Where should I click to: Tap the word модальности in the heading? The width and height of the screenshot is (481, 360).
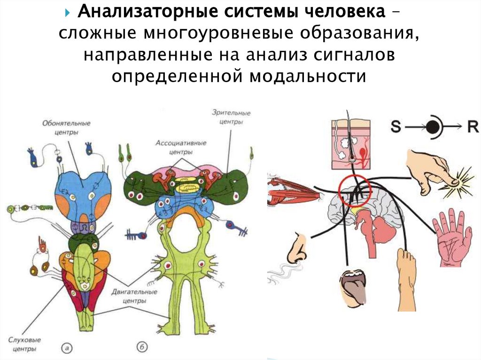coord(304,75)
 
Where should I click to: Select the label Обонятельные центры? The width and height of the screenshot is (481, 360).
coord(66,128)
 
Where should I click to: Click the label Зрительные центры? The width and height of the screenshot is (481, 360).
coord(231,117)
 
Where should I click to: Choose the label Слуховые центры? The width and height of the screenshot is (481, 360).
coord(23,344)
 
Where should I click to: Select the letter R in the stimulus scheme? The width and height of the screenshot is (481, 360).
coord(470,127)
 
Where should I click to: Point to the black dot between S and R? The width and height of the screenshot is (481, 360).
coord(434,127)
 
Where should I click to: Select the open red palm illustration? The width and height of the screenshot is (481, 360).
coord(452,237)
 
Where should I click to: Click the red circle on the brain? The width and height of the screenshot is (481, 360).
coord(355,190)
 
